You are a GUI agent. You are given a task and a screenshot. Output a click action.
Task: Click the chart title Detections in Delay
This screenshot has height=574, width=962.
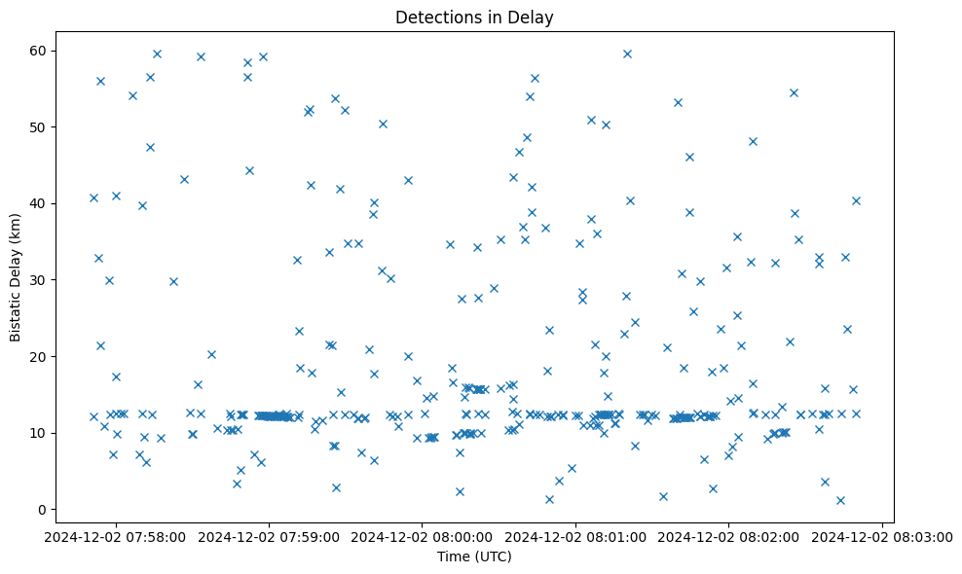[x=474, y=18]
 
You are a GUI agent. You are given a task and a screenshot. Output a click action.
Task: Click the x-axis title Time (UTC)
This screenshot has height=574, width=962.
[x=474, y=557]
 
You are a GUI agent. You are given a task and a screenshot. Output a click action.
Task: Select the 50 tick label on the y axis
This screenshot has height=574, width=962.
[x=49, y=127]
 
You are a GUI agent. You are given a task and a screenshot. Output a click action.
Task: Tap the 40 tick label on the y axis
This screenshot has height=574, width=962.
[x=49, y=203]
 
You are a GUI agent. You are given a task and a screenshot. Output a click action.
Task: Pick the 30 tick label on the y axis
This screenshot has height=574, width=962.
[x=49, y=280]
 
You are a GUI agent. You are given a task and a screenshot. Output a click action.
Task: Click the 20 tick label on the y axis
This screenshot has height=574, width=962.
[x=49, y=356]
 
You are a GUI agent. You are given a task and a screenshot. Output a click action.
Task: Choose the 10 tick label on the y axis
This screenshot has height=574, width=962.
[x=49, y=433]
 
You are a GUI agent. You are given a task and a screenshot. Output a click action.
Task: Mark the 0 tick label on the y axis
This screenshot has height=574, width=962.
[x=53, y=509]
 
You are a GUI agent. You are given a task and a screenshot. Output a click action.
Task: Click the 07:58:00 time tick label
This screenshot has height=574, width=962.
[x=116, y=536]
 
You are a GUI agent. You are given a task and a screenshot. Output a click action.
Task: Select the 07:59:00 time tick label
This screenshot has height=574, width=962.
[x=270, y=536]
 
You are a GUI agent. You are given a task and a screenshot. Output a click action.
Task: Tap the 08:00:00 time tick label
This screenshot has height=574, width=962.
[x=423, y=536]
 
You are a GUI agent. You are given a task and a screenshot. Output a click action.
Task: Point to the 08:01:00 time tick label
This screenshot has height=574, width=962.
[x=575, y=536]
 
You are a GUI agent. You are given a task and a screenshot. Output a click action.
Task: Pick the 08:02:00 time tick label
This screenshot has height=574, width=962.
[x=728, y=536]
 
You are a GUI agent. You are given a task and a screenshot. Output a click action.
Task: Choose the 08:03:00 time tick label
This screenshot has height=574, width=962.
[x=882, y=536]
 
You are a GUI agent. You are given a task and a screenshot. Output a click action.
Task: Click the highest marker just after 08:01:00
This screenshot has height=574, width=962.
[x=627, y=54]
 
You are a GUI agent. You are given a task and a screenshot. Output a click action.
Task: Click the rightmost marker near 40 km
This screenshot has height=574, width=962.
[x=856, y=200]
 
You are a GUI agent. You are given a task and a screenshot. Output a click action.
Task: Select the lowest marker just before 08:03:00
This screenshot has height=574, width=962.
[x=840, y=500]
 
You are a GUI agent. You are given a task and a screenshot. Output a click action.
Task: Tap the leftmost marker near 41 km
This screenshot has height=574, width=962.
[x=93, y=197]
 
